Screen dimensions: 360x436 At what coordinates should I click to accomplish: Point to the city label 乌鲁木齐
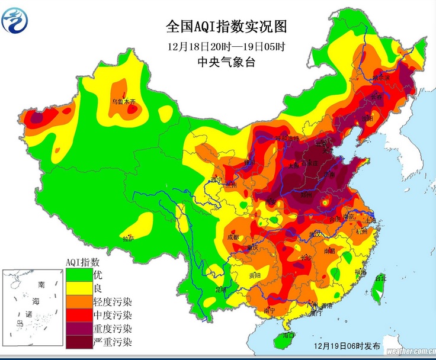(x=124, y=102)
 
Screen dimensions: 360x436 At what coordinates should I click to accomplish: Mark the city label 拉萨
(x=128, y=239)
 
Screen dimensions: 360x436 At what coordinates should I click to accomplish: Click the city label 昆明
(x=220, y=289)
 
